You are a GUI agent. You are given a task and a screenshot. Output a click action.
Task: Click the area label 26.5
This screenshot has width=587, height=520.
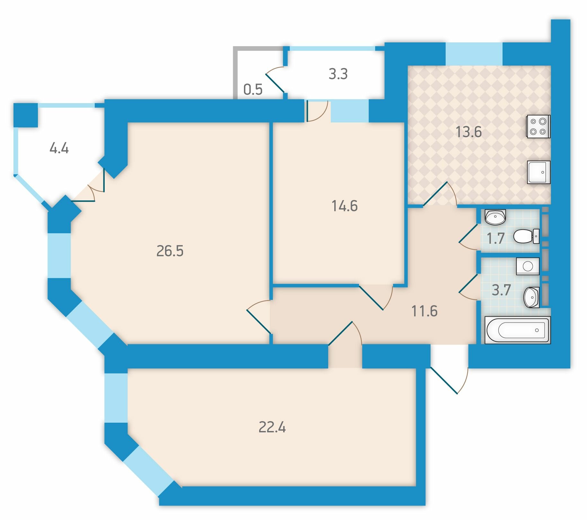pos(170,251)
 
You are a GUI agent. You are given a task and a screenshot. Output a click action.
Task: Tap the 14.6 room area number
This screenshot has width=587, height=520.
pos(345,206)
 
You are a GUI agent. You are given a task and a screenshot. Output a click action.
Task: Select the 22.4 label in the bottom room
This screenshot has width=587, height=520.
pos(272,427)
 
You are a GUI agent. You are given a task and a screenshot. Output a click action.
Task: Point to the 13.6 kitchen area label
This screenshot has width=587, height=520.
pos(469,132)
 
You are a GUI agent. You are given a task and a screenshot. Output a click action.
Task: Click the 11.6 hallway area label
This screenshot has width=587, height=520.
pos(424,311)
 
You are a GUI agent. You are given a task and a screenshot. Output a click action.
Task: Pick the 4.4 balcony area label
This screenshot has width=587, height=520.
pos(59,148)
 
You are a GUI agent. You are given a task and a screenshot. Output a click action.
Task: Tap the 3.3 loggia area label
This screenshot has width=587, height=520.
pos(338,74)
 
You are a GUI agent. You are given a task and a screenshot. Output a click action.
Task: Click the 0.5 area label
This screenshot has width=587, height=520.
pos(253,89)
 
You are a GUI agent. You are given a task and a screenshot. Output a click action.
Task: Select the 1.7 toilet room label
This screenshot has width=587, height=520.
pos(496,239)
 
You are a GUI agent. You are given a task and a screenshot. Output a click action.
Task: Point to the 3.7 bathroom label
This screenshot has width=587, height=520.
pos(501,290)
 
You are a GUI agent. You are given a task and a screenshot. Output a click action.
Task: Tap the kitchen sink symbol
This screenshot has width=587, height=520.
pos(539,172)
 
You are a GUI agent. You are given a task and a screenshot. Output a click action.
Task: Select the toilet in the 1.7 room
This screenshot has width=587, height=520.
pos(526,236)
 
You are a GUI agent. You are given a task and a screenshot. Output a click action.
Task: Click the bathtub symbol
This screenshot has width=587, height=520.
pos(517,330)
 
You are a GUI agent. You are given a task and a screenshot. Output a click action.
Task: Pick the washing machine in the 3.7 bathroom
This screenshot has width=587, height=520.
pos(528,266)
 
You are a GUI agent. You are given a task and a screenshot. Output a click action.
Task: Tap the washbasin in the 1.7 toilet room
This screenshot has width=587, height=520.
pos(495,217)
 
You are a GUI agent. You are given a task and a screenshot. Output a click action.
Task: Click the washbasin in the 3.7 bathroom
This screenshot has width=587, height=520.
pos(531,297)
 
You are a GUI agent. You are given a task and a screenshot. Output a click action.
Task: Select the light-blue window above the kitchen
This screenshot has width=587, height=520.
pos(474,54)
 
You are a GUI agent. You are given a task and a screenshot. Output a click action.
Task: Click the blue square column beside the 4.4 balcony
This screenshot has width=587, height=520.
pos(26,115)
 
